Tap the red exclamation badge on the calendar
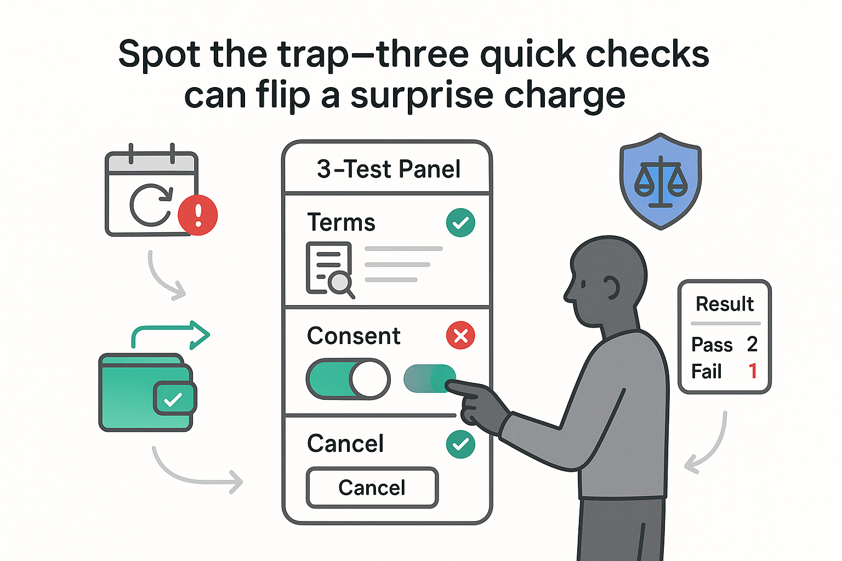tap(198, 215)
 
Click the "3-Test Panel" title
tap(388, 169)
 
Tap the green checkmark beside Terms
tap(460, 223)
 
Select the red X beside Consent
tap(460, 335)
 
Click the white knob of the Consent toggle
tap(369, 379)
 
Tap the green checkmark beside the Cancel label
tap(460, 444)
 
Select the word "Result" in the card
tap(725, 304)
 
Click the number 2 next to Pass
tap(752, 345)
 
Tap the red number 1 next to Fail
tap(753, 371)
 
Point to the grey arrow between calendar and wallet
tap(164, 277)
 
